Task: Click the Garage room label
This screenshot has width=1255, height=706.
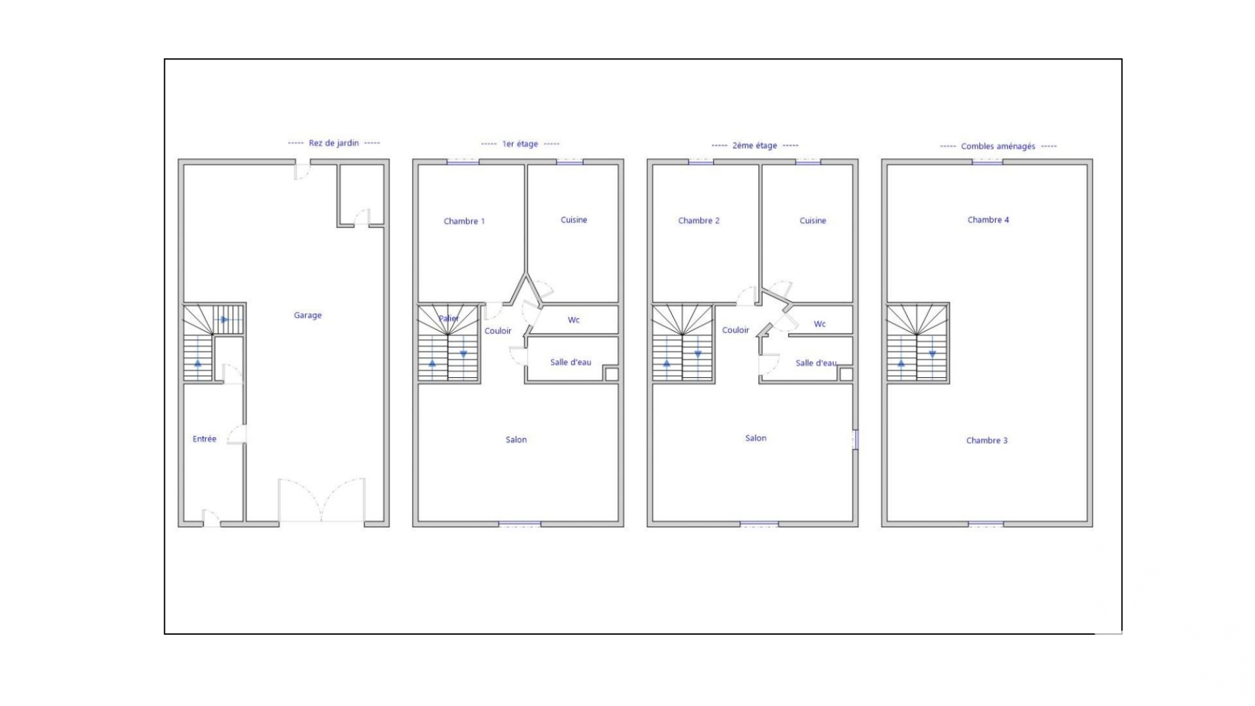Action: pyautogui.click(x=307, y=316)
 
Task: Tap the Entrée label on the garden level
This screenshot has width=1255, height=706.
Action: pyautogui.click(x=204, y=439)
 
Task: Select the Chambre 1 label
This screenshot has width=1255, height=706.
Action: pyautogui.click(x=464, y=221)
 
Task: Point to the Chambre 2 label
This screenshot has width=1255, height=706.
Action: pyautogui.click(x=699, y=220)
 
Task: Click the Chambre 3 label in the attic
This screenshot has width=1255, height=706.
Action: pyautogui.click(x=987, y=440)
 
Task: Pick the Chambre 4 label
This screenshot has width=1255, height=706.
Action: pyautogui.click(x=988, y=220)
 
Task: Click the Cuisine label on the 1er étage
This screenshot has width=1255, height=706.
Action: pyautogui.click(x=574, y=220)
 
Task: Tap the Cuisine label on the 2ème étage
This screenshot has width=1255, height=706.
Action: pyautogui.click(x=812, y=220)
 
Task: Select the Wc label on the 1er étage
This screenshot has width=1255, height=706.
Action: pyautogui.click(x=573, y=320)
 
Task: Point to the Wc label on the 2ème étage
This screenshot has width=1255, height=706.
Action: pyautogui.click(x=820, y=324)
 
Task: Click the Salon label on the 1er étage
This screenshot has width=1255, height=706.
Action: pyautogui.click(x=516, y=439)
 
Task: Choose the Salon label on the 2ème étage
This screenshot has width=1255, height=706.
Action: pyautogui.click(x=756, y=438)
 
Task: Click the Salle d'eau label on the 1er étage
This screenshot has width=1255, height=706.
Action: pyautogui.click(x=571, y=362)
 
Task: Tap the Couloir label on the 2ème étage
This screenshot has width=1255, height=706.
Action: pyautogui.click(x=735, y=330)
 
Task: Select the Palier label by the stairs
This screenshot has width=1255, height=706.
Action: pyautogui.click(x=448, y=318)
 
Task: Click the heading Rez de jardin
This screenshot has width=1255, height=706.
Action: pyautogui.click(x=334, y=143)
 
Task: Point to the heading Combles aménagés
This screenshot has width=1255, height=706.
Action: pyautogui.click(x=998, y=146)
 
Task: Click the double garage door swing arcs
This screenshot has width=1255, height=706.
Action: pyautogui.click(x=322, y=500)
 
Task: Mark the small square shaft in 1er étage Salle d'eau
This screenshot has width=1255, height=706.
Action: pyautogui.click(x=611, y=374)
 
